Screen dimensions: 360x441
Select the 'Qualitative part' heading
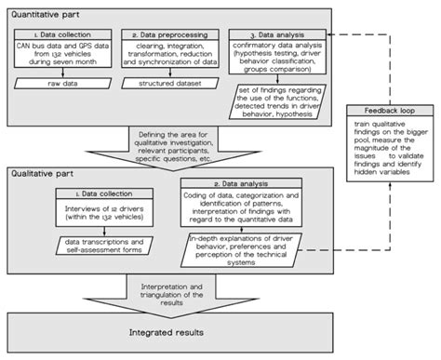pyautogui.click(x=43, y=172)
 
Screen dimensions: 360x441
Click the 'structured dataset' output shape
pyautogui.click(x=165, y=83)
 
